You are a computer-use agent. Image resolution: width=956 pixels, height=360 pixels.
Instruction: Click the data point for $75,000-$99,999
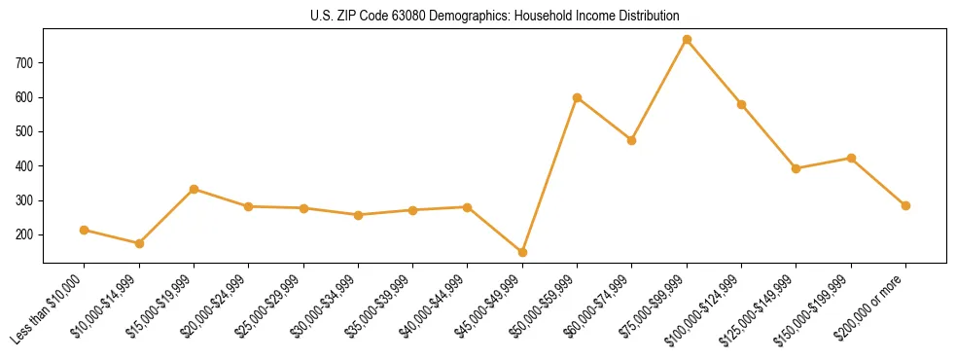tap(687, 40)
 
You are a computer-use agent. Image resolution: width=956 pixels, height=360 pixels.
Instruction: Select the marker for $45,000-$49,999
tap(522, 252)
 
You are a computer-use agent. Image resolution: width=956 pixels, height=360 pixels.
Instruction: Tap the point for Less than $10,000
tap(85, 230)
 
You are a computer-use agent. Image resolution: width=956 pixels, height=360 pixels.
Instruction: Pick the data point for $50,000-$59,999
tap(578, 97)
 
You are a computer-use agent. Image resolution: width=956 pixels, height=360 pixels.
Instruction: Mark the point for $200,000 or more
tap(905, 205)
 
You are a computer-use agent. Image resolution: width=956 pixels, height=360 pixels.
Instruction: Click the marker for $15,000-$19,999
tap(194, 189)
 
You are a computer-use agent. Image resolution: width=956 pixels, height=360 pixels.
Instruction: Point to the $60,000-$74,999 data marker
tap(632, 140)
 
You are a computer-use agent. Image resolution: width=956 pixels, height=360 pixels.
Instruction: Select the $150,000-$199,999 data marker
tap(851, 158)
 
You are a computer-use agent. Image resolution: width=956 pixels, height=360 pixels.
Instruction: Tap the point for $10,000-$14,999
tap(139, 243)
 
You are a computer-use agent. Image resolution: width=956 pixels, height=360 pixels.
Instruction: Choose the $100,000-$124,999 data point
tap(741, 104)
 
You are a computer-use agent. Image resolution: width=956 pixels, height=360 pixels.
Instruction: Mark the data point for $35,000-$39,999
tap(412, 210)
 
